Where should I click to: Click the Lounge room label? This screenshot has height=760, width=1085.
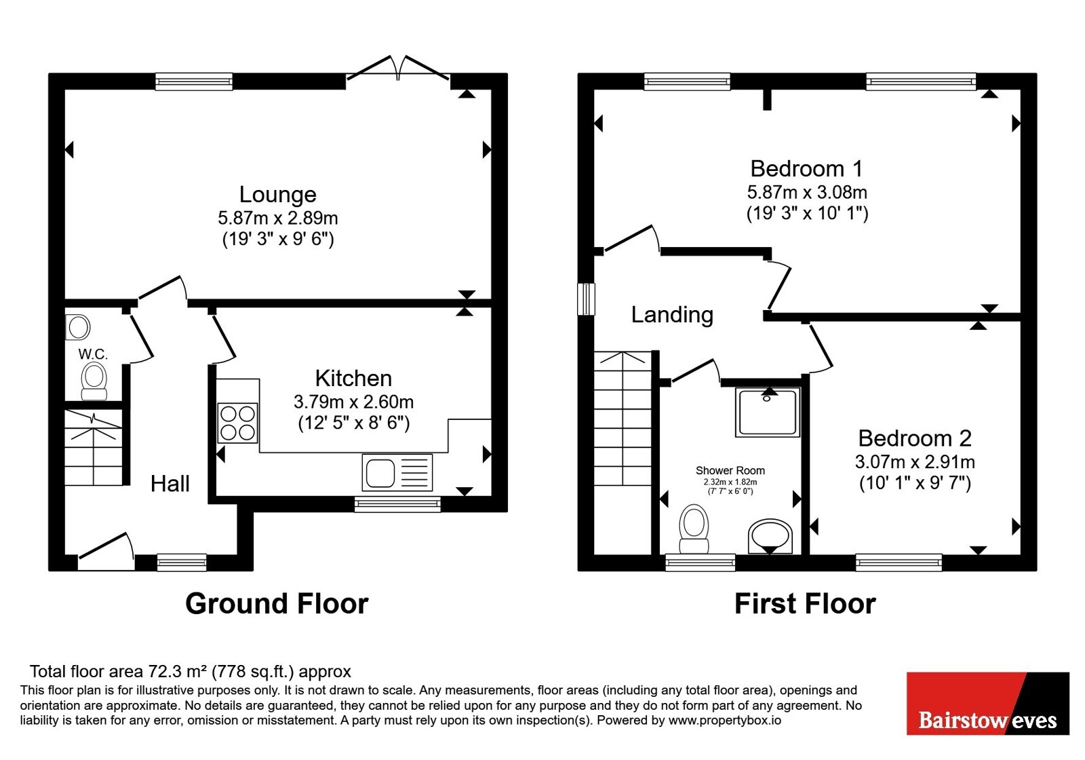point(277,195)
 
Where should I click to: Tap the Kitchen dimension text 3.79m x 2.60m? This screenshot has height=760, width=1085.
point(353,402)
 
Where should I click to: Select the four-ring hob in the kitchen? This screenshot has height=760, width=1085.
point(237,423)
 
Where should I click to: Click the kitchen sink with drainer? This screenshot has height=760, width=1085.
point(397,472)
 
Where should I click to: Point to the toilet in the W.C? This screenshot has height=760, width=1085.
point(94,381)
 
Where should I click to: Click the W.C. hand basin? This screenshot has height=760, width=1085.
point(77,327)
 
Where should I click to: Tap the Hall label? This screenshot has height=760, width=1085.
point(170,484)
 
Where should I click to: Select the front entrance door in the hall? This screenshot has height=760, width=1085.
point(106,551)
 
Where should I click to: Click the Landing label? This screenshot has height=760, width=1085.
point(672,315)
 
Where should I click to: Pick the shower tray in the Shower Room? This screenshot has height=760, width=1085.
point(768,413)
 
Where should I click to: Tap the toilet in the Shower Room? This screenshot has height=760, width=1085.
point(694,529)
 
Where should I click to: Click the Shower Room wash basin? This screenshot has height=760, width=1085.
point(770,537)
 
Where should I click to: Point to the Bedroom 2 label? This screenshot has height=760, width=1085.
point(915,438)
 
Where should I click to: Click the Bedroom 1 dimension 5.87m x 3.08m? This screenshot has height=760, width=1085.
point(807,193)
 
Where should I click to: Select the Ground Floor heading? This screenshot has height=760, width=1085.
point(277,604)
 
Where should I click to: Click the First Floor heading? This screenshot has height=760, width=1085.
point(805,604)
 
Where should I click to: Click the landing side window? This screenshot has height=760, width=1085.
point(586,299)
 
